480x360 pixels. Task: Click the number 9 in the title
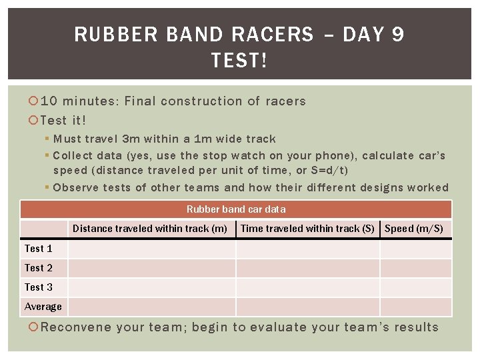click(x=397, y=35)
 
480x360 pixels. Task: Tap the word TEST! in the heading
click(x=239, y=61)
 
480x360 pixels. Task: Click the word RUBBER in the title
click(x=108, y=35)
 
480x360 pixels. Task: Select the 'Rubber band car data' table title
click(x=236, y=209)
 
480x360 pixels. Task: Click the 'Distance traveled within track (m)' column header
click(x=150, y=229)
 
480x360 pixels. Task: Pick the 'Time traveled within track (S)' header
click(x=307, y=229)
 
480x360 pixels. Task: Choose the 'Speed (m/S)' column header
click(x=414, y=229)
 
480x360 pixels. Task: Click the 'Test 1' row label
click(x=38, y=249)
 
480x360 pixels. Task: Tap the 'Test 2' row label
click(x=38, y=268)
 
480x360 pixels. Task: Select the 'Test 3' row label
click(x=38, y=287)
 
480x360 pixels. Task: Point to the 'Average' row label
click(x=43, y=307)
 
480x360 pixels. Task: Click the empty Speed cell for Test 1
click(x=415, y=249)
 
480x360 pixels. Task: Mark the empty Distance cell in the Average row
click(x=151, y=307)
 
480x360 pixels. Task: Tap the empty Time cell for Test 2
click(x=307, y=268)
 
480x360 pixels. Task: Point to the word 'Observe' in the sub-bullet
click(x=75, y=187)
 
